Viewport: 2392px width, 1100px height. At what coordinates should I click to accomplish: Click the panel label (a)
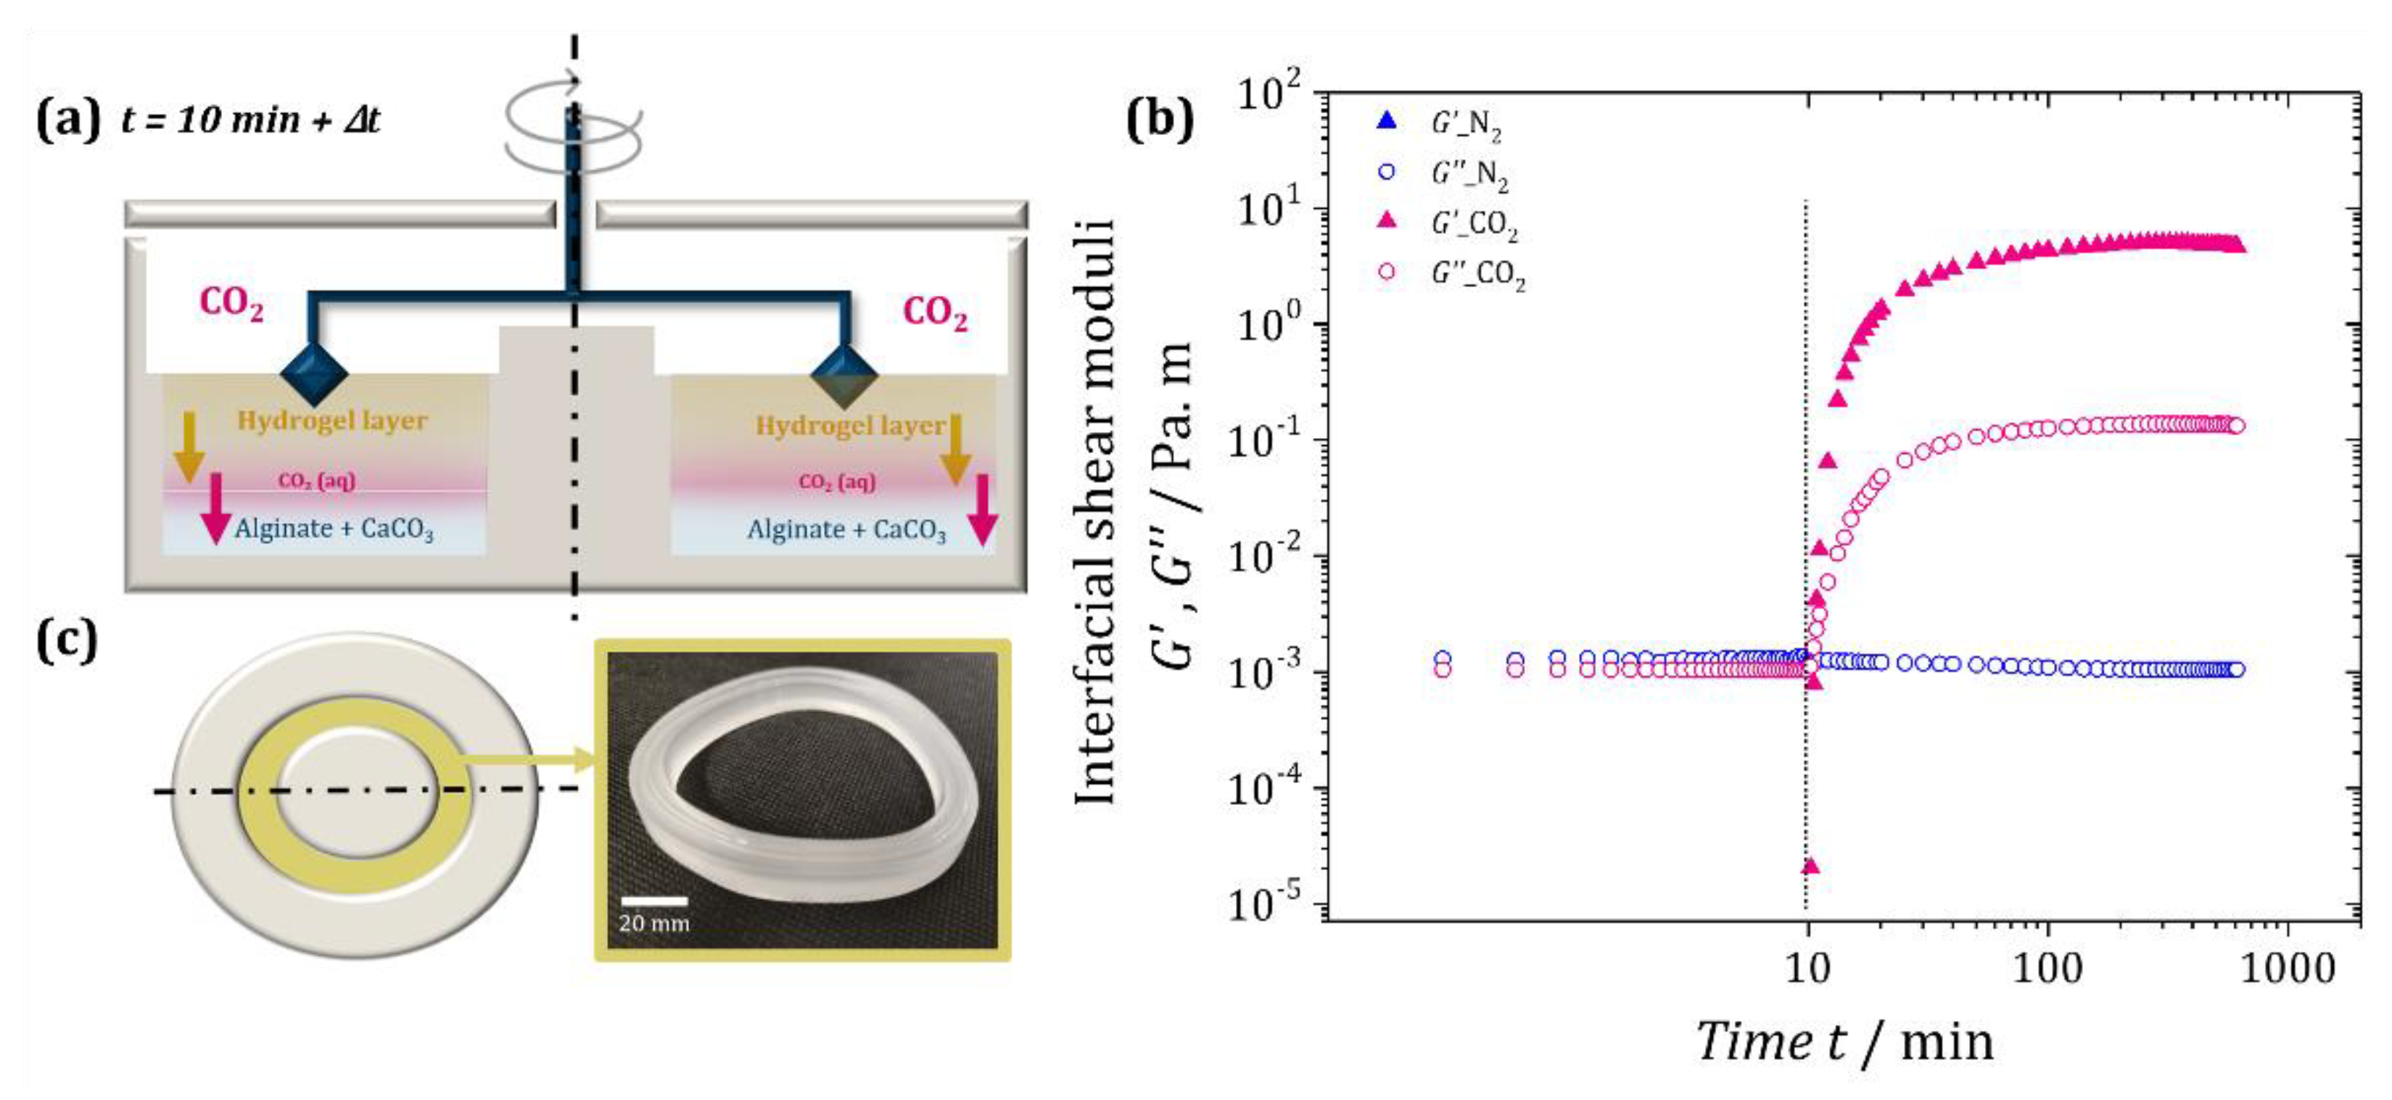pyautogui.click(x=67, y=120)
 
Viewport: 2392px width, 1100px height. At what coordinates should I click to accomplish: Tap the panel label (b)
pyautogui.click(x=1159, y=120)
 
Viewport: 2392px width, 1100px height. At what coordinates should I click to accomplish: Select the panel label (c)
pyautogui.click(x=67, y=640)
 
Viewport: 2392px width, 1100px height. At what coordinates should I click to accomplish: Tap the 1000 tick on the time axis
pyautogui.click(x=2285, y=969)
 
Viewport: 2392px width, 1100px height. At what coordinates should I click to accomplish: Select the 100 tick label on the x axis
pyautogui.click(x=2047, y=969)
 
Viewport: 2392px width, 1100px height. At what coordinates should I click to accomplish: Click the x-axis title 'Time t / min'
pyautogui.click(x=1843, y=1041)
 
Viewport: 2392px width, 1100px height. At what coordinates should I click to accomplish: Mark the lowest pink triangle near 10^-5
pyautogui.click(x=1810, y=866)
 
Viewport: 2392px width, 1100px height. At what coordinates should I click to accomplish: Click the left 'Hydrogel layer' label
pyautogui.click(x=331, y=421)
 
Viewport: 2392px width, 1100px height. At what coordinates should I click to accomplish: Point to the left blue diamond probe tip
pyautogui.click(x=314, y=374)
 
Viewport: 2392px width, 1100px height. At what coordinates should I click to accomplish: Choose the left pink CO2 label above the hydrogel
pyautogui.click(x=231, y=305)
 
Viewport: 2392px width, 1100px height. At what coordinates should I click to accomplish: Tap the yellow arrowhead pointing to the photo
pyautogui.click(x=585, y=759)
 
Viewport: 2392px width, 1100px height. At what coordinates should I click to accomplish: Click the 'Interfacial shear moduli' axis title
pyautogui.click(x=1096, y=510)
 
